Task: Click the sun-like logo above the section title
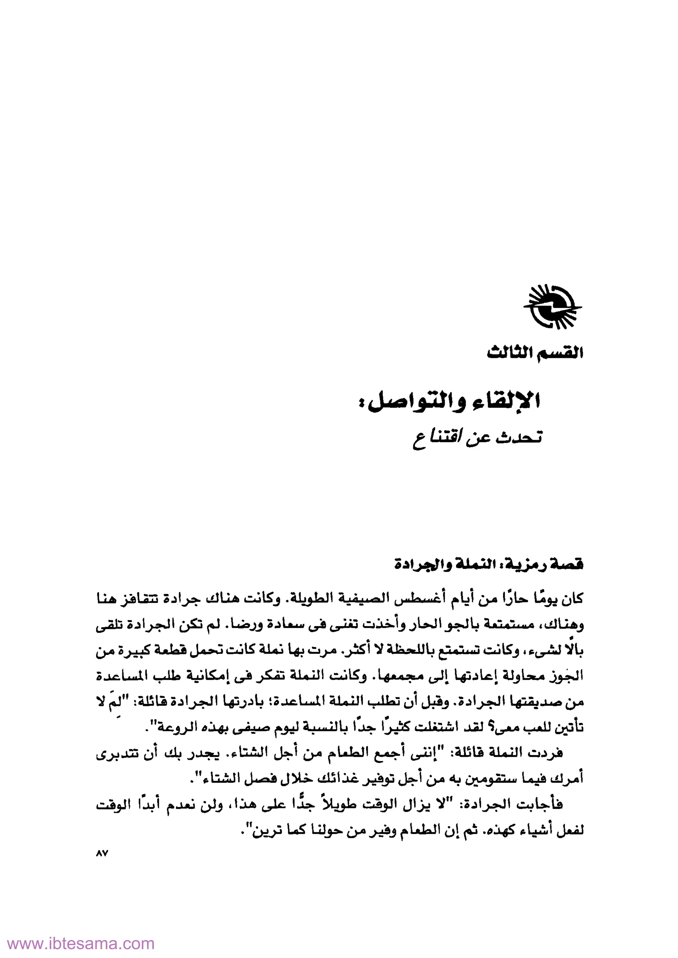552,306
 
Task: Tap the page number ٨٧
102,854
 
